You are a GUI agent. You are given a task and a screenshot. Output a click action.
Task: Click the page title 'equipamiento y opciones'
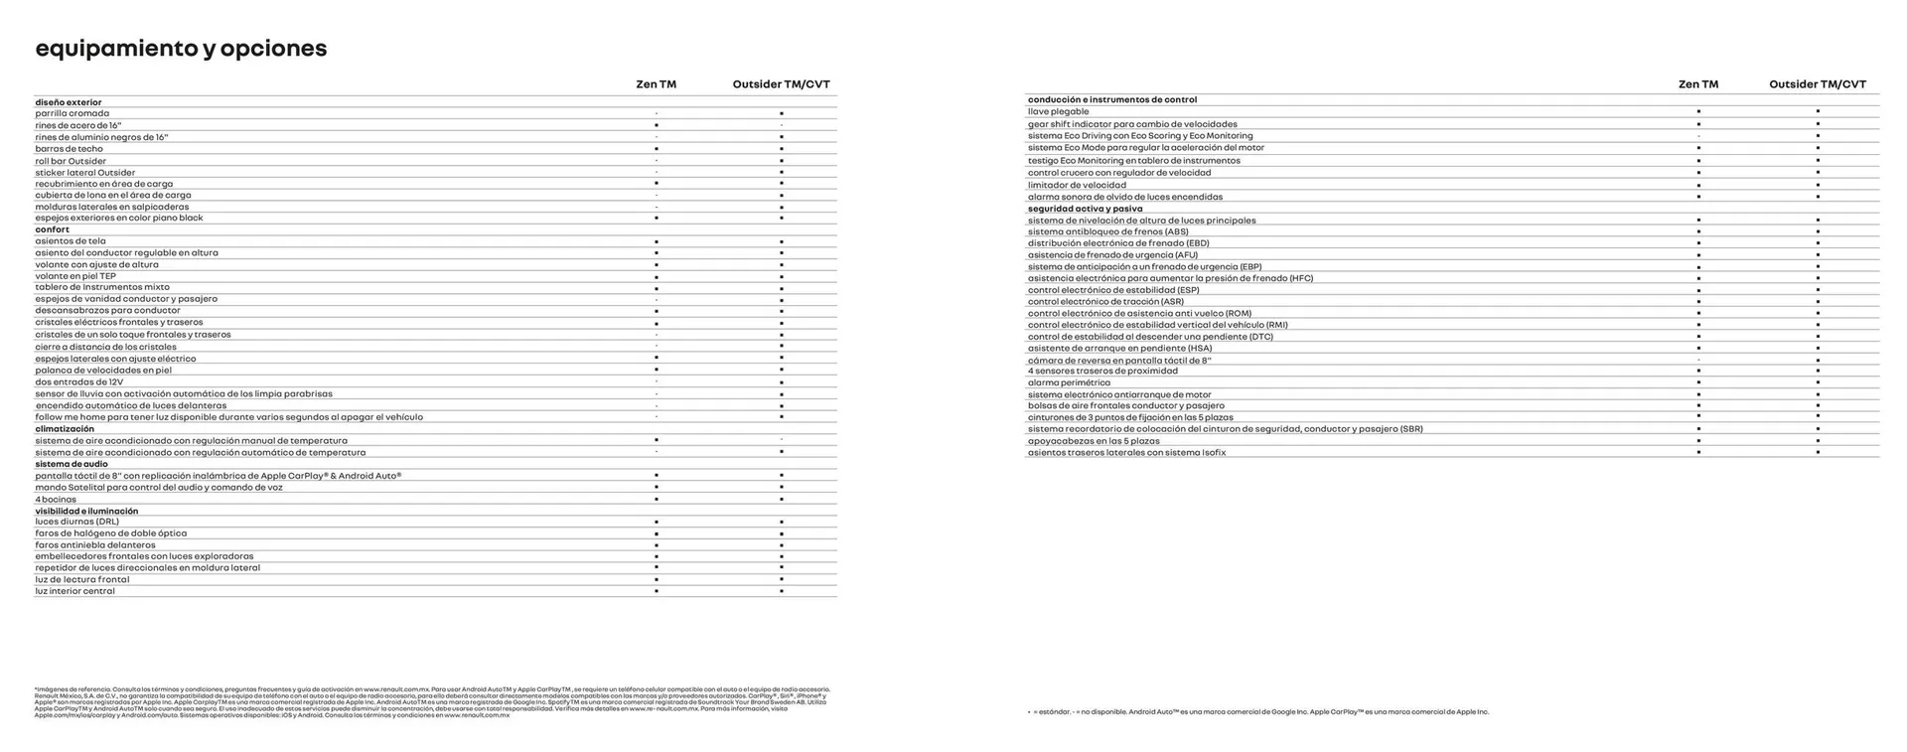coord(181,49)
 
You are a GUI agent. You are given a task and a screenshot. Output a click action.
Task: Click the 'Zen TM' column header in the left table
coord(656,84)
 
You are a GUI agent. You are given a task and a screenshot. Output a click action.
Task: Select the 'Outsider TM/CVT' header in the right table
coord(1817,84)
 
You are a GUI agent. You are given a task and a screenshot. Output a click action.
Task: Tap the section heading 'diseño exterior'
coord(69,102)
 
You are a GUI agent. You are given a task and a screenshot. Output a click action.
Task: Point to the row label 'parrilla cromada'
coord(73,113)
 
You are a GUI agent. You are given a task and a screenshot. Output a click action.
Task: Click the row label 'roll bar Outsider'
coord(71,161)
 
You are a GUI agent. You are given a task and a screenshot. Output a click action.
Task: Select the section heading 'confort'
coord(53,229)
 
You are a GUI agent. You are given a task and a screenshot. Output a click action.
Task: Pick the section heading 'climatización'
coord(65,429)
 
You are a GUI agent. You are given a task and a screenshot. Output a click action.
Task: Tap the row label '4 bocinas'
coord(56,500)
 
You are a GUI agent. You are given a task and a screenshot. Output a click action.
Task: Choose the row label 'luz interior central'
coord(75,591)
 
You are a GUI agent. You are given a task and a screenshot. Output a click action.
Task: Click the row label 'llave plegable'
coord(1059,111)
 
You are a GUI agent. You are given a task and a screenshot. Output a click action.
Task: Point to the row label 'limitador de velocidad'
coord(1077,185)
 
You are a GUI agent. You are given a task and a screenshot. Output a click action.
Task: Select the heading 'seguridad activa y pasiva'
coord(1085,209)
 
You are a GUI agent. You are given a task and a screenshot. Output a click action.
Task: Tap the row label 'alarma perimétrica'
coord(1069,382)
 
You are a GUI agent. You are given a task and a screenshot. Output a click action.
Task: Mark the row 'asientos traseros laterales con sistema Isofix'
coord(1126,453)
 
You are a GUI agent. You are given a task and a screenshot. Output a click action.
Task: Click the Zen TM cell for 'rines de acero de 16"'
coord(656,125)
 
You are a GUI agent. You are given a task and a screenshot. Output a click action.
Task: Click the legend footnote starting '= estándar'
coord(1257,712)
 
